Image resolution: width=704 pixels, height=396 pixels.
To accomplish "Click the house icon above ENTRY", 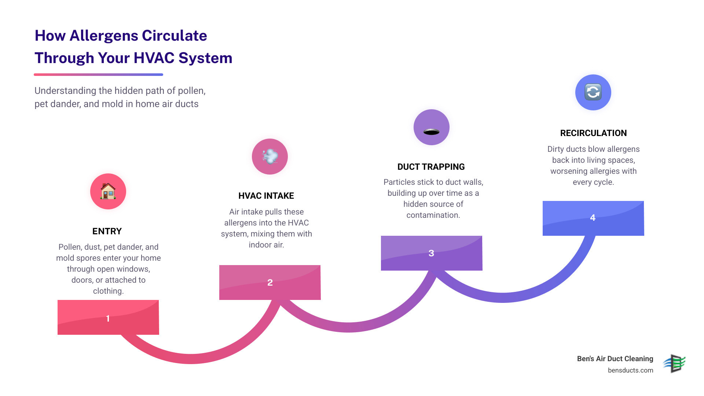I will pyautogui.click(x=108, y=191).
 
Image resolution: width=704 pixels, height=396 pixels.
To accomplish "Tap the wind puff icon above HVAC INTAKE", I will pyautogui.click(x=270, y=157).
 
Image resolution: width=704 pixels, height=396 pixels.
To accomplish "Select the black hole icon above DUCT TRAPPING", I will pyautogui.click(x=432, y=132).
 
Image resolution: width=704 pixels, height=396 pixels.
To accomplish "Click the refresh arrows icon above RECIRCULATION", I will pyautogui.click(x=593, y=92).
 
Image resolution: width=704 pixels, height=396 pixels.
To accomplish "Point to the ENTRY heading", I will pyautogui.click(x=107, y=231).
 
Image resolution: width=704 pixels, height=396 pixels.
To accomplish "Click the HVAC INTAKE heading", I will pyautogui.click(x=266, y=196).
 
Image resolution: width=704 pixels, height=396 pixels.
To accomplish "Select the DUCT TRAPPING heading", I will pyautogui.click(x=431, y=167).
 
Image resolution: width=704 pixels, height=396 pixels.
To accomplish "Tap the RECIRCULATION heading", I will pyautogui.click(x=593, y=133).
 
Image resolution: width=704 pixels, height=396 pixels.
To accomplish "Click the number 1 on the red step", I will pyautogui.click(x=108, y=318).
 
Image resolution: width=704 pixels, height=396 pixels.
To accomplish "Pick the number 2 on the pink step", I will pyautogui.click(x=270, y=282).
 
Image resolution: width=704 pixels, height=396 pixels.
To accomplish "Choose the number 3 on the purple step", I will pyautogui.click(x=431, y=253).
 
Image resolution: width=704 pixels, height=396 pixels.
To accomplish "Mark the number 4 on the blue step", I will pyautogui.click(x=593, y=218).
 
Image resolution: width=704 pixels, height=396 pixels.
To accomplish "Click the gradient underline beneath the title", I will pyautogui.click(x=98, y=74).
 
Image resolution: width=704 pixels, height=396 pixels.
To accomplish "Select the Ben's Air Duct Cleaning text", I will pyautogui.click(x=615, y=359).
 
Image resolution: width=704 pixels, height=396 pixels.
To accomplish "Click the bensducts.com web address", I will pyautogui.click(x=630, y=370).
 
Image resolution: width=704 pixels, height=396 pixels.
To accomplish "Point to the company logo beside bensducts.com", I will pyautogui.click(x=675, y=363).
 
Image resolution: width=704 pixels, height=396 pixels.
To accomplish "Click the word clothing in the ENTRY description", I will pyautogui.click(x=108, y=291).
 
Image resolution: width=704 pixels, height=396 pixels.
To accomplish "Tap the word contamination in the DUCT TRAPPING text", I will pyautogui.click(x=433, y=215).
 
